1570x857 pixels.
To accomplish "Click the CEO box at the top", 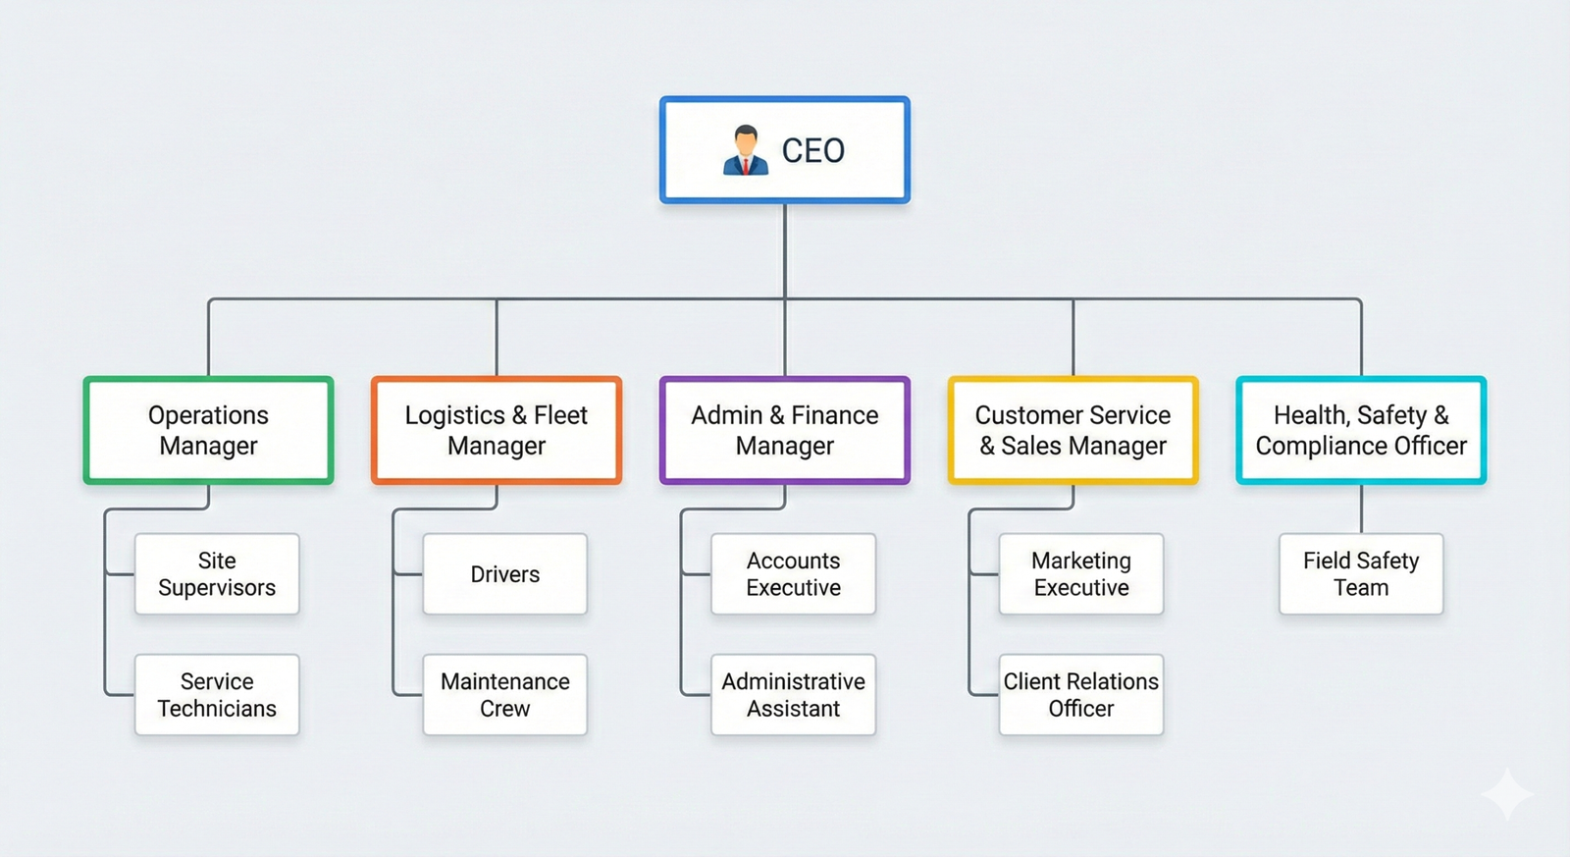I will pos(784,150).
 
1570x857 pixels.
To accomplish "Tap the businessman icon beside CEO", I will pos(746,150).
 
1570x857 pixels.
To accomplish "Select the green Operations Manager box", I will pos(208,430).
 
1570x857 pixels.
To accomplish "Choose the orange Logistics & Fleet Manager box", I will pos(497,430).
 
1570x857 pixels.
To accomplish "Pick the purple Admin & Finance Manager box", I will pos(784,430).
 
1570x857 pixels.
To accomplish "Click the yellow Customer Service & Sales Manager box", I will pos(1073,430).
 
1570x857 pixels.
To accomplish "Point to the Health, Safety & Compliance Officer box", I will pos(1361,430).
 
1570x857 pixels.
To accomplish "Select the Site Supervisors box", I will pos(217,574).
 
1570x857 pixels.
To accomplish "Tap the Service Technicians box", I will pos(217,695).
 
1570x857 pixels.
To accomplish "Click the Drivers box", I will pos(504,574).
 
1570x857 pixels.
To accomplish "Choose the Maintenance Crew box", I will pos(504,695).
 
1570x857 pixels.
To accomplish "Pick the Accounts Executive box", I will pos(793,574).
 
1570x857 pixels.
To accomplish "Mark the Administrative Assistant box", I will pos(793,695).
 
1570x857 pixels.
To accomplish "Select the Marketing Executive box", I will pos(1080,574).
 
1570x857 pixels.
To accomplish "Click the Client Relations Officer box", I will pos(1080,695).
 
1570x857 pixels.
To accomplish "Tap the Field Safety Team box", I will pos(1361,574).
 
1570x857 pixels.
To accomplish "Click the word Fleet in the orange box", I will pos(560,415).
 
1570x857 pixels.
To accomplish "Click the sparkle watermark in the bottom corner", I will pos(1507,793).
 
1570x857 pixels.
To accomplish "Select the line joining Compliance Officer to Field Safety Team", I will pos(1361,509).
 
